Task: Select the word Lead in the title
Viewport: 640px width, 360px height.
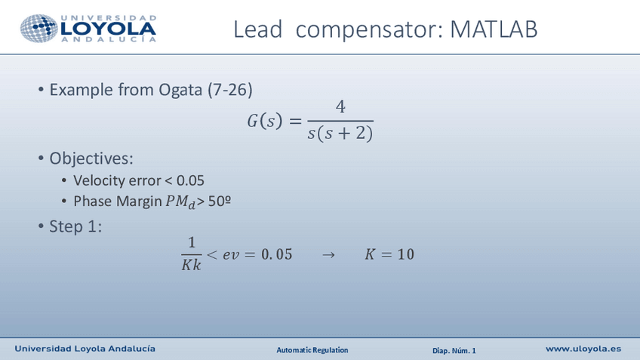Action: coord(258,29)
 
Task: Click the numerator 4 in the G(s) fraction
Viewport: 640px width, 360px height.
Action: coord(340,108)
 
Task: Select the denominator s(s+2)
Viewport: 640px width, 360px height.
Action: coord(340,134)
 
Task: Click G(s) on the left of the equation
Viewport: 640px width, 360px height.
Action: coord(263,122)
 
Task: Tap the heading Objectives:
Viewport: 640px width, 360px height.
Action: coord(91,158)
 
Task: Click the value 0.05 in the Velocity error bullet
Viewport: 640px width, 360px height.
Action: coord(189,181)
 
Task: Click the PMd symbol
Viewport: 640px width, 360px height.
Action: coord(180,202)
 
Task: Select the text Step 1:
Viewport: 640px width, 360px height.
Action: coord(75,226)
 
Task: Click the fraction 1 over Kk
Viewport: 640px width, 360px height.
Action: coord(191,254)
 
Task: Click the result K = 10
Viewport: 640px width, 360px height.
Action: coord(389,254)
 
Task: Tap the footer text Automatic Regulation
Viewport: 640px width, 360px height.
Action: coord(312,350)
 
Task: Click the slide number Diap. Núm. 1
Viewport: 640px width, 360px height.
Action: coord(454,350)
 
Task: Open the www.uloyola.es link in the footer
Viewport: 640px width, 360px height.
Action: coord(583,349)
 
